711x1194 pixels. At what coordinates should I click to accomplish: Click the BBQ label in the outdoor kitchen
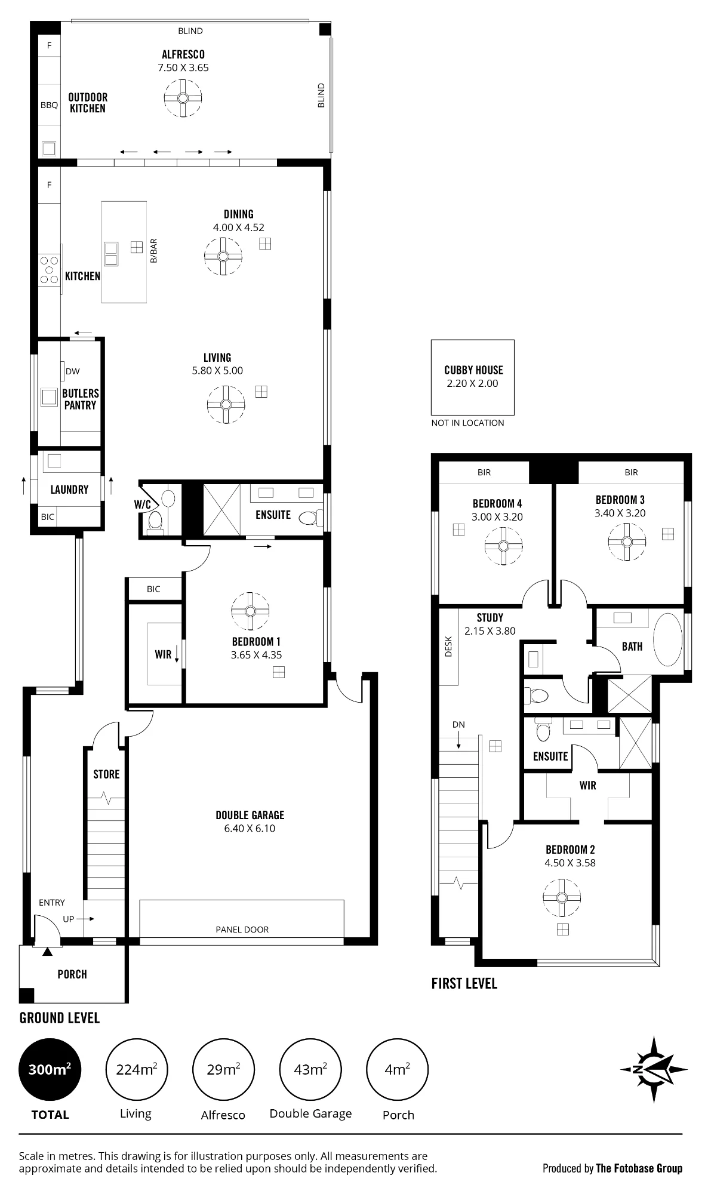coord(49,105)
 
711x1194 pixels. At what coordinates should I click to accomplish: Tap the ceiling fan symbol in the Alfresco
coord(183,99)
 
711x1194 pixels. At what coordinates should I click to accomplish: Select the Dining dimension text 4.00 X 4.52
coord(238,227)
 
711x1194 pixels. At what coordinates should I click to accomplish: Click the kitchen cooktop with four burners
coord(49,269)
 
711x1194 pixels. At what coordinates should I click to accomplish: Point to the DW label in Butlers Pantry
coord(72,371)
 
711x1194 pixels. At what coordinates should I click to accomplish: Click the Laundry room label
coord(69,490)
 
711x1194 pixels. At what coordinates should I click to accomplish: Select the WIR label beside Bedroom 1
coord(163,654)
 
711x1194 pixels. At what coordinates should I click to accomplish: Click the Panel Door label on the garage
coord(242,930)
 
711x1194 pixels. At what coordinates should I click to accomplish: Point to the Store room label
coord(106,774)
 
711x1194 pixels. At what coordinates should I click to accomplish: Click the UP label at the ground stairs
coord(69,919)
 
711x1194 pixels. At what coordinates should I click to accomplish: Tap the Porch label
coord(72,974)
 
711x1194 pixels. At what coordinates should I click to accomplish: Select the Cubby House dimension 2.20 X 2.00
coord(472,383)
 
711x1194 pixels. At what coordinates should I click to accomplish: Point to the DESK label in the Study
coord(449,647)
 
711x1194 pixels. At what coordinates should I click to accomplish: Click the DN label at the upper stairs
coord(458,725)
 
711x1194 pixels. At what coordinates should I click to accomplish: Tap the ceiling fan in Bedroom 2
coord(562,898)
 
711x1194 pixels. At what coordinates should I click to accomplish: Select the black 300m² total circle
coord(50,1069)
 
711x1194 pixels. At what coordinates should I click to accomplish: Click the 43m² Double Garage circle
coord(310,1069)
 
